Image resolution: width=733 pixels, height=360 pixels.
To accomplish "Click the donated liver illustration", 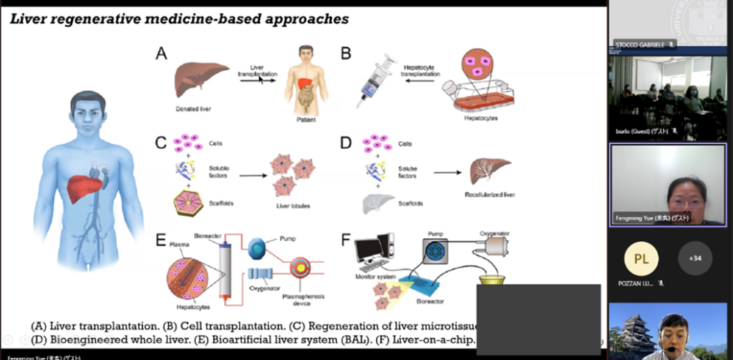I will (197, 81).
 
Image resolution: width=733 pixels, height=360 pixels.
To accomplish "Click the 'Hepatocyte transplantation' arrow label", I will (423, 69).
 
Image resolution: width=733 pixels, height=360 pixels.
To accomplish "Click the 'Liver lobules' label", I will (291, 208).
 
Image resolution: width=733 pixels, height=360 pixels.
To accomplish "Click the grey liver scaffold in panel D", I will (377, 204).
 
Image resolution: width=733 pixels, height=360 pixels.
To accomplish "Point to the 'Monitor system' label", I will (376, 276).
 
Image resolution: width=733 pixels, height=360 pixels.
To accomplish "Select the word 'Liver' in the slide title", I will (28, 19).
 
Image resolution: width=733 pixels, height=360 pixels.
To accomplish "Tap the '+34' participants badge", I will (694, 258).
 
